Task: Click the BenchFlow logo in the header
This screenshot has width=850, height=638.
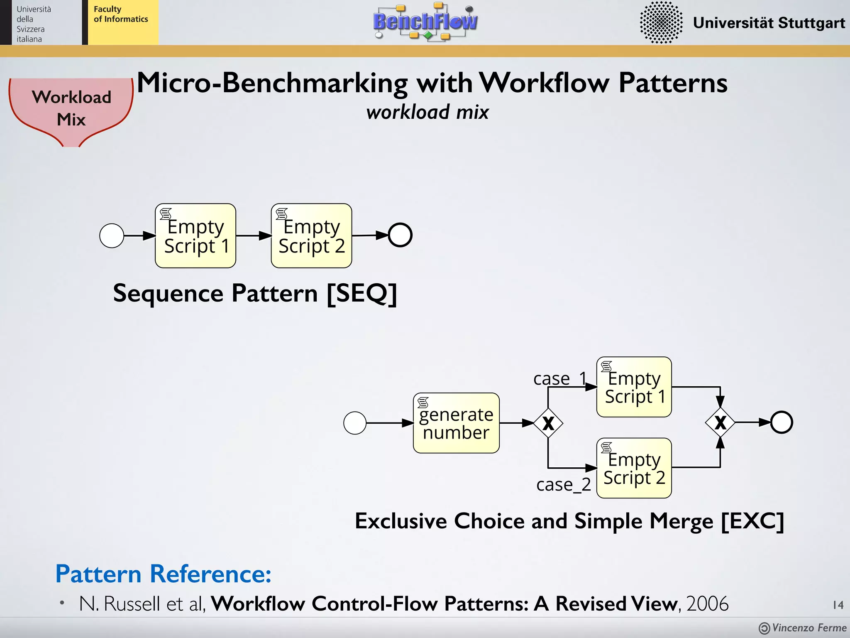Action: click(425, 22)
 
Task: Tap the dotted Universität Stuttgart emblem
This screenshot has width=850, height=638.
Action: click(661, 22)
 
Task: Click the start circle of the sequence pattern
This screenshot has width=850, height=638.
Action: click(112, 236)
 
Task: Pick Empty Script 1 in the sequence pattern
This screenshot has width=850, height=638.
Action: click(195, 236)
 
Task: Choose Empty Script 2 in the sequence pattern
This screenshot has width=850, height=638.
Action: click(311, 236)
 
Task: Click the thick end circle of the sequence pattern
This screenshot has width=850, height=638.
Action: click(400, 235)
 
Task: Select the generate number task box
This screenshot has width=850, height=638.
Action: click(456, 423)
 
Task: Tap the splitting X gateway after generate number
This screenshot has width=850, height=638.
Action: click(548, 423)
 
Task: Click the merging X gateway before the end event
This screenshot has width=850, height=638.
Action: click(720, 422)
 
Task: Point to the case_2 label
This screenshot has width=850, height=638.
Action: click(563, 484)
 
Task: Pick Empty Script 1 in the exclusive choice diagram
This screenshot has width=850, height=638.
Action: click(634, 387)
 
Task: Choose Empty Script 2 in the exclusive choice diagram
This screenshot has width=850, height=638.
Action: click(634, 468)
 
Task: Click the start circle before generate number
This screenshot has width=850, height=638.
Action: click(355, 423)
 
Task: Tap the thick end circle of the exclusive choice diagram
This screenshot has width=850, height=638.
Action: click(782, 422)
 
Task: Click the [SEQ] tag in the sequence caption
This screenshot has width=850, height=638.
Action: click(361, 293)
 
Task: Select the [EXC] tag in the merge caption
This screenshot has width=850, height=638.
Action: click(752, 521)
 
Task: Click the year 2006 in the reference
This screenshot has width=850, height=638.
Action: click(707, 603)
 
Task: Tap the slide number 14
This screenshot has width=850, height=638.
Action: click(838, 605)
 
